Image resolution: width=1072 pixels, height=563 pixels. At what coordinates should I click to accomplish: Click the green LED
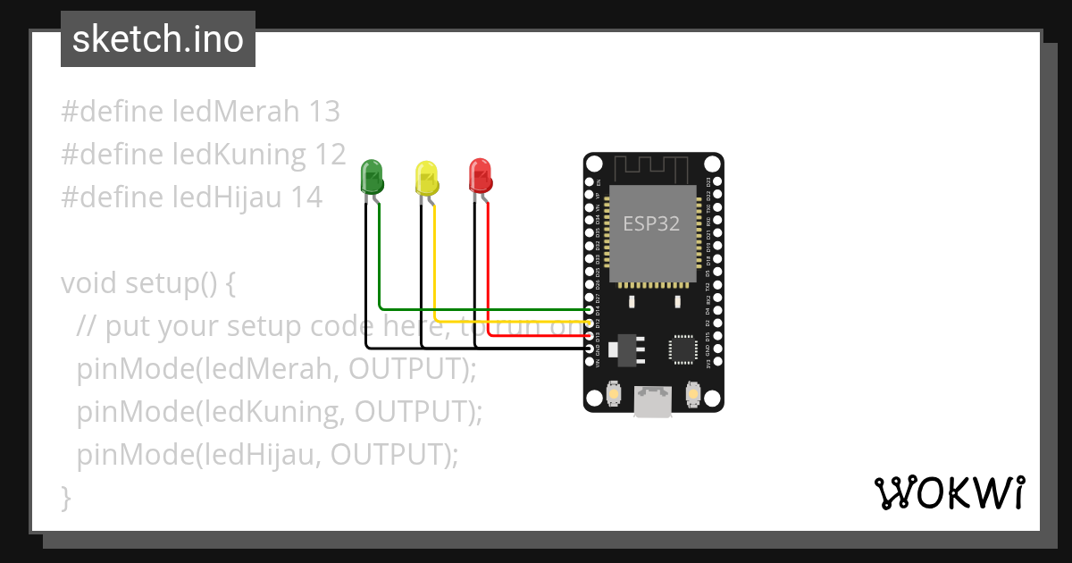tap(372, 176)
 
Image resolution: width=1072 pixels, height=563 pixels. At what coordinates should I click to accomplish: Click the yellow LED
tap(427, 177)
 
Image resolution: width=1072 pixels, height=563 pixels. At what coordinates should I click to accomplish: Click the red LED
tap(481, 175)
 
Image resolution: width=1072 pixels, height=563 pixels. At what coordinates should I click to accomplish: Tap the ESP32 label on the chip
tap(651, 223)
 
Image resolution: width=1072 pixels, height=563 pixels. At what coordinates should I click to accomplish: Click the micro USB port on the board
tap(653, 402)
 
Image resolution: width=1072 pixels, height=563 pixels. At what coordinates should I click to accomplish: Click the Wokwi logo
tap(949, 492)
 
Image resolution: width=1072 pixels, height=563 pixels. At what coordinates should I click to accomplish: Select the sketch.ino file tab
tap(158, 39)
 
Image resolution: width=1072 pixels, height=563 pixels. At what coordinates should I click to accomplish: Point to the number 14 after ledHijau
tap(306, 197)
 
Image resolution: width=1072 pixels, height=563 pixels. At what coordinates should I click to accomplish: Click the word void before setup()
tap(89, 283)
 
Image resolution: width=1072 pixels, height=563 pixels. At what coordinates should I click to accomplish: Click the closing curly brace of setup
tap(65, 497)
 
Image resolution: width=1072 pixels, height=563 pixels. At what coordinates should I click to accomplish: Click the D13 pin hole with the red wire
tap(590, 335)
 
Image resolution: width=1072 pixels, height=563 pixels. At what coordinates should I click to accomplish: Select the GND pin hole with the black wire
tap(590, 349)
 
